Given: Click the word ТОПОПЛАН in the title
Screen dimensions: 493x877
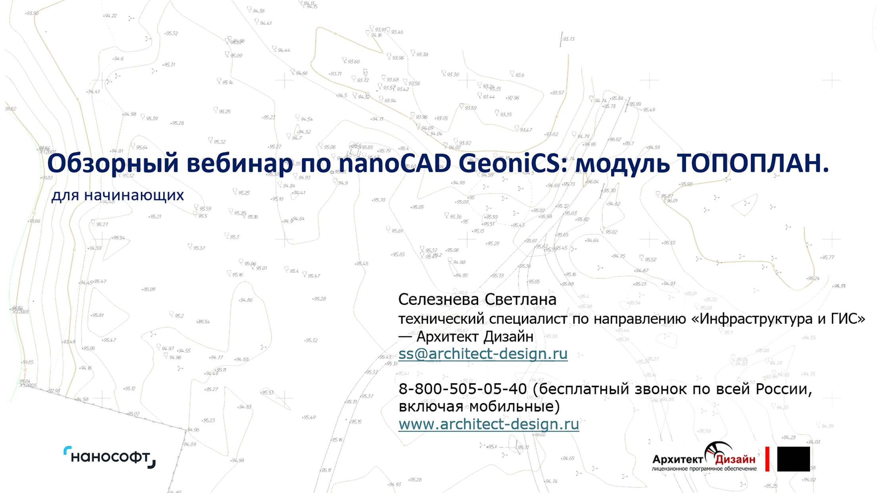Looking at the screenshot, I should [x=752, y=163].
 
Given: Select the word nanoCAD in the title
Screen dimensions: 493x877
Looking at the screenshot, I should [x=395, y=163].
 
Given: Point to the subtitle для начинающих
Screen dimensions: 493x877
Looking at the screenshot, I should [x=117, y=195].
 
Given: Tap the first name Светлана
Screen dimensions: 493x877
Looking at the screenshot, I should [x=520, y=299].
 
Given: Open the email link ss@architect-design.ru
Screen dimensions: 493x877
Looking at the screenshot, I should [x=483, y=353].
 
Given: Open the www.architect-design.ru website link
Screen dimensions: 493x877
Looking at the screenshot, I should [x=489, y=424].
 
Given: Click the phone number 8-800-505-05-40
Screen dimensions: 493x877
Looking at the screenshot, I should [x=462, y=389].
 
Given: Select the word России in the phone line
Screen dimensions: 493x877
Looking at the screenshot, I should [x=783, y=389].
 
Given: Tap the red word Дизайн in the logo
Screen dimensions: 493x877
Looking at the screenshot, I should [x=735, y=459].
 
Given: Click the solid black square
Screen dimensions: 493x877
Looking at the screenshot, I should [x=793, y=459].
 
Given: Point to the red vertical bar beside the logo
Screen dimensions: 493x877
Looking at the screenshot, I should [x=767, y=459].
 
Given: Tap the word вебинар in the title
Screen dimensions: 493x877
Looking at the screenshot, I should [x=239, y=163].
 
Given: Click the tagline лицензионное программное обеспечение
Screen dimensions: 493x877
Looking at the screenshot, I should [x=704, y=469].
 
